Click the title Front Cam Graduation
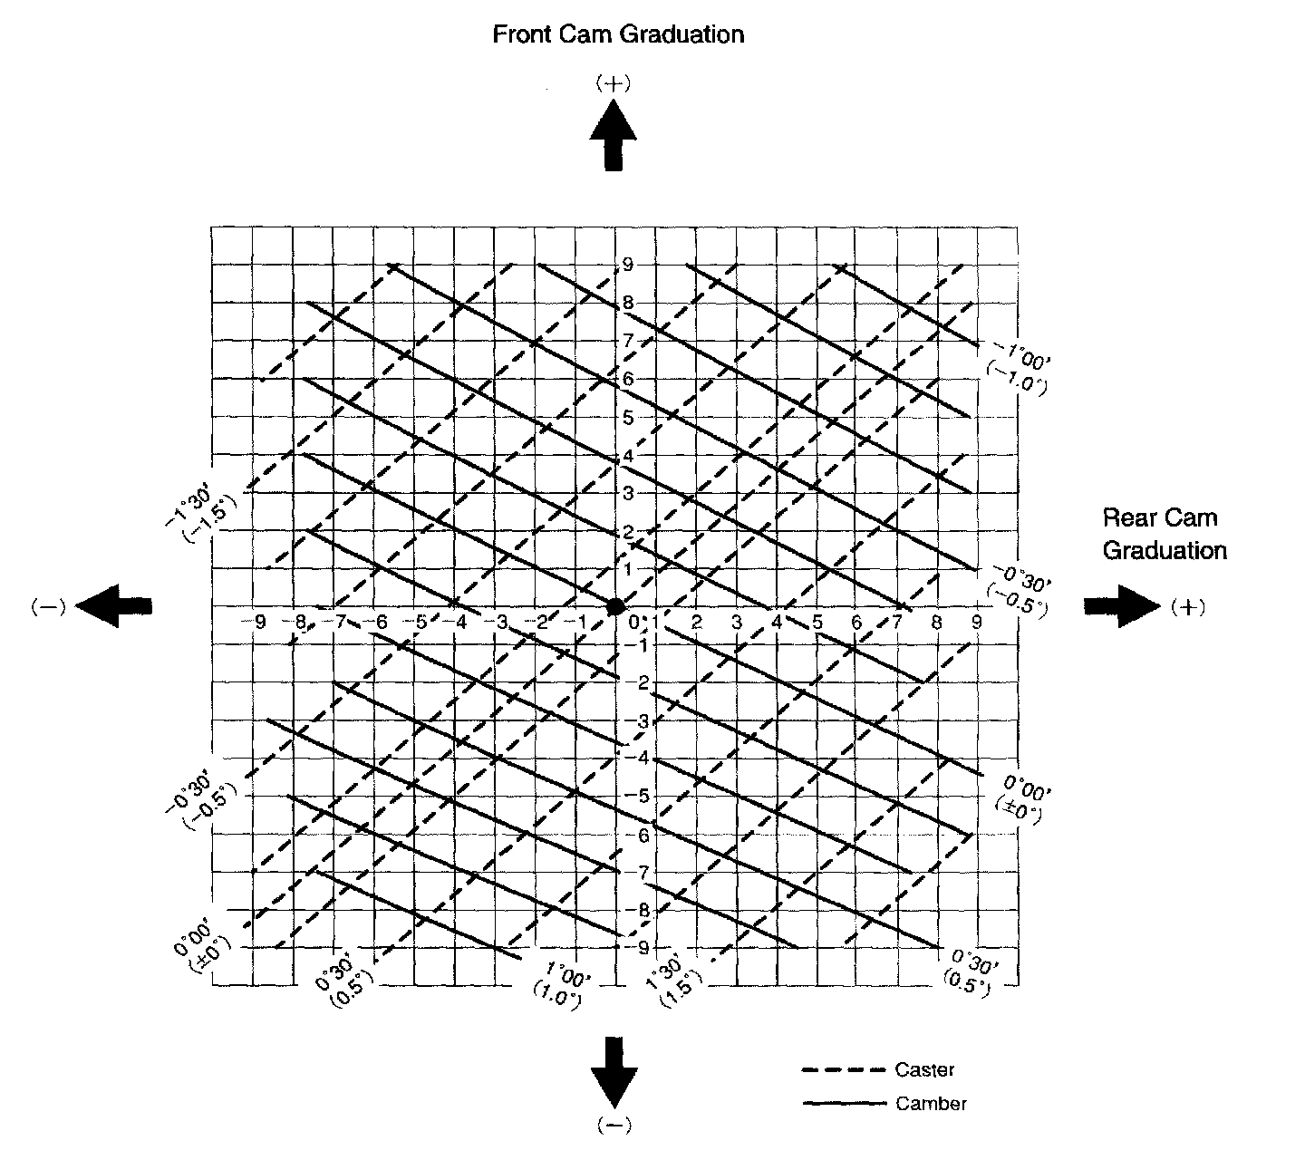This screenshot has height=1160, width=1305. (618, 34)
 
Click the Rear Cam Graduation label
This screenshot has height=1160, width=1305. (1164, 534)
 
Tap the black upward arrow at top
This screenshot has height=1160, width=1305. (614, 136)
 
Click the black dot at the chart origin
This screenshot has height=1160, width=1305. (615, 605)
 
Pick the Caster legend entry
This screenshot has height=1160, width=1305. (923, 1070)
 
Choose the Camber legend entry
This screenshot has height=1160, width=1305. (930, 1104)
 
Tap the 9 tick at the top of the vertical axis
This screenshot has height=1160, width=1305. (627, 265)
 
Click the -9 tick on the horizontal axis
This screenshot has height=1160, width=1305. (258, 623)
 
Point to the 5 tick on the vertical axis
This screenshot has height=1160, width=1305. (627, 419)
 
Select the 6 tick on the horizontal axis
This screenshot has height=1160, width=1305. (855, 623)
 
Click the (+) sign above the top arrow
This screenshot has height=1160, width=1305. (614, 83)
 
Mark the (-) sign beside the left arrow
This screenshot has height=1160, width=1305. (43, 607)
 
